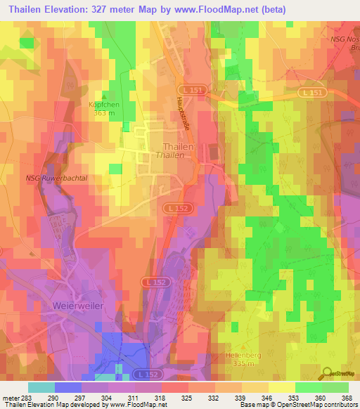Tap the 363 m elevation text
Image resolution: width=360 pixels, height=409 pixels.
(105, 112)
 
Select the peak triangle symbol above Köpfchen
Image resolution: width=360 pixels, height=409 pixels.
(105, 97)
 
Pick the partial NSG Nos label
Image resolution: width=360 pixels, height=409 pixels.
(344, 39)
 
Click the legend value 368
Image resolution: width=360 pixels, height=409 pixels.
(347, 398)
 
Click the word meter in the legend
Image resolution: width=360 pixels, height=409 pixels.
(11, 398)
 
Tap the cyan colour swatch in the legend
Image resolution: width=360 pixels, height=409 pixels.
(41, 387)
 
